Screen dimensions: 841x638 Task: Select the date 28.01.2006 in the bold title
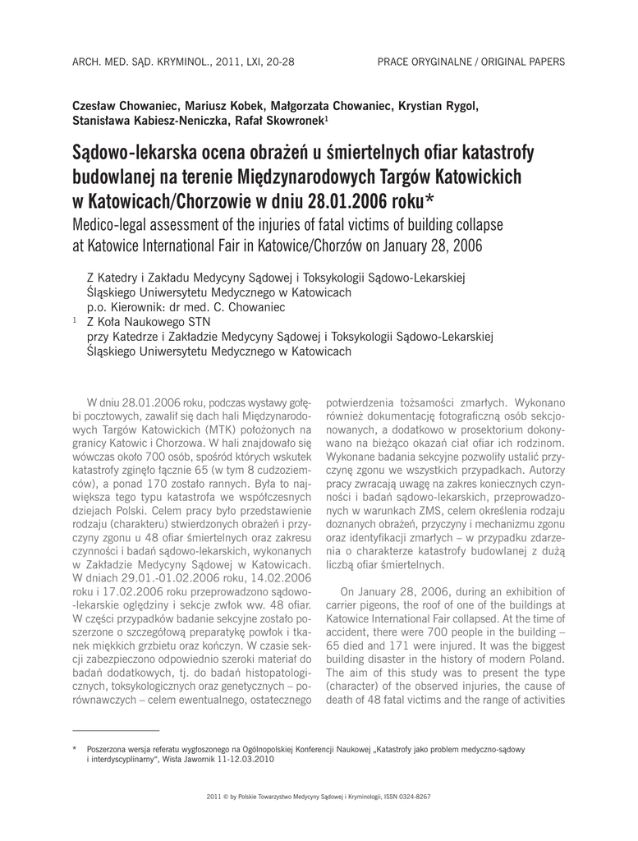373,200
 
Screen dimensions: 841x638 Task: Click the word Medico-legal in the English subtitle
114,224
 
